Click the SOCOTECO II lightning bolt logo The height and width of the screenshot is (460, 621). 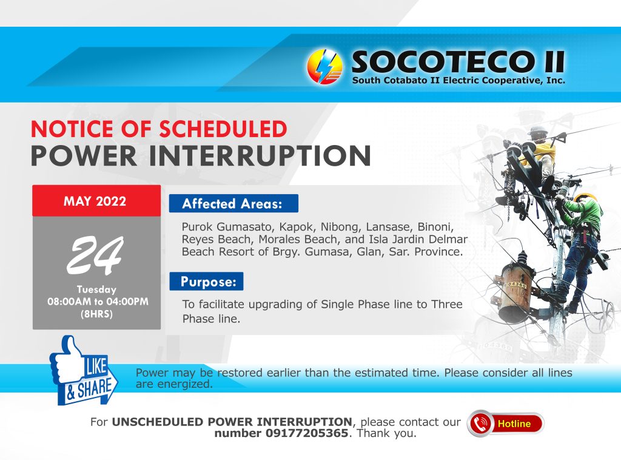coord(324,67)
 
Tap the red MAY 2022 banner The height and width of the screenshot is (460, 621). coord(96,201)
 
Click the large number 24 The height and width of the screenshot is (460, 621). coord(95,255)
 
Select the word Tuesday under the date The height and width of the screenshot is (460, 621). coord(96,289)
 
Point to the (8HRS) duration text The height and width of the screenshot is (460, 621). coord(96,314)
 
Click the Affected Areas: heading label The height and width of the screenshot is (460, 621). coord(233,204)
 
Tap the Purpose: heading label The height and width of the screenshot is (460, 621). coord(206,282)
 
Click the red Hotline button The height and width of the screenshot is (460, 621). coord(506,424)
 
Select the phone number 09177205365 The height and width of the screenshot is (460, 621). coord(306,433)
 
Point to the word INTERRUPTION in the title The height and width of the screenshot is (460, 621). coord(260,156)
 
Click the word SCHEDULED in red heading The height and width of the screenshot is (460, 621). coord(223,129)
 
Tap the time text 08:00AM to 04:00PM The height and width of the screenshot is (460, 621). coord(98,302)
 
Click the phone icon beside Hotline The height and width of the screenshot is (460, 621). coord(480,424)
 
